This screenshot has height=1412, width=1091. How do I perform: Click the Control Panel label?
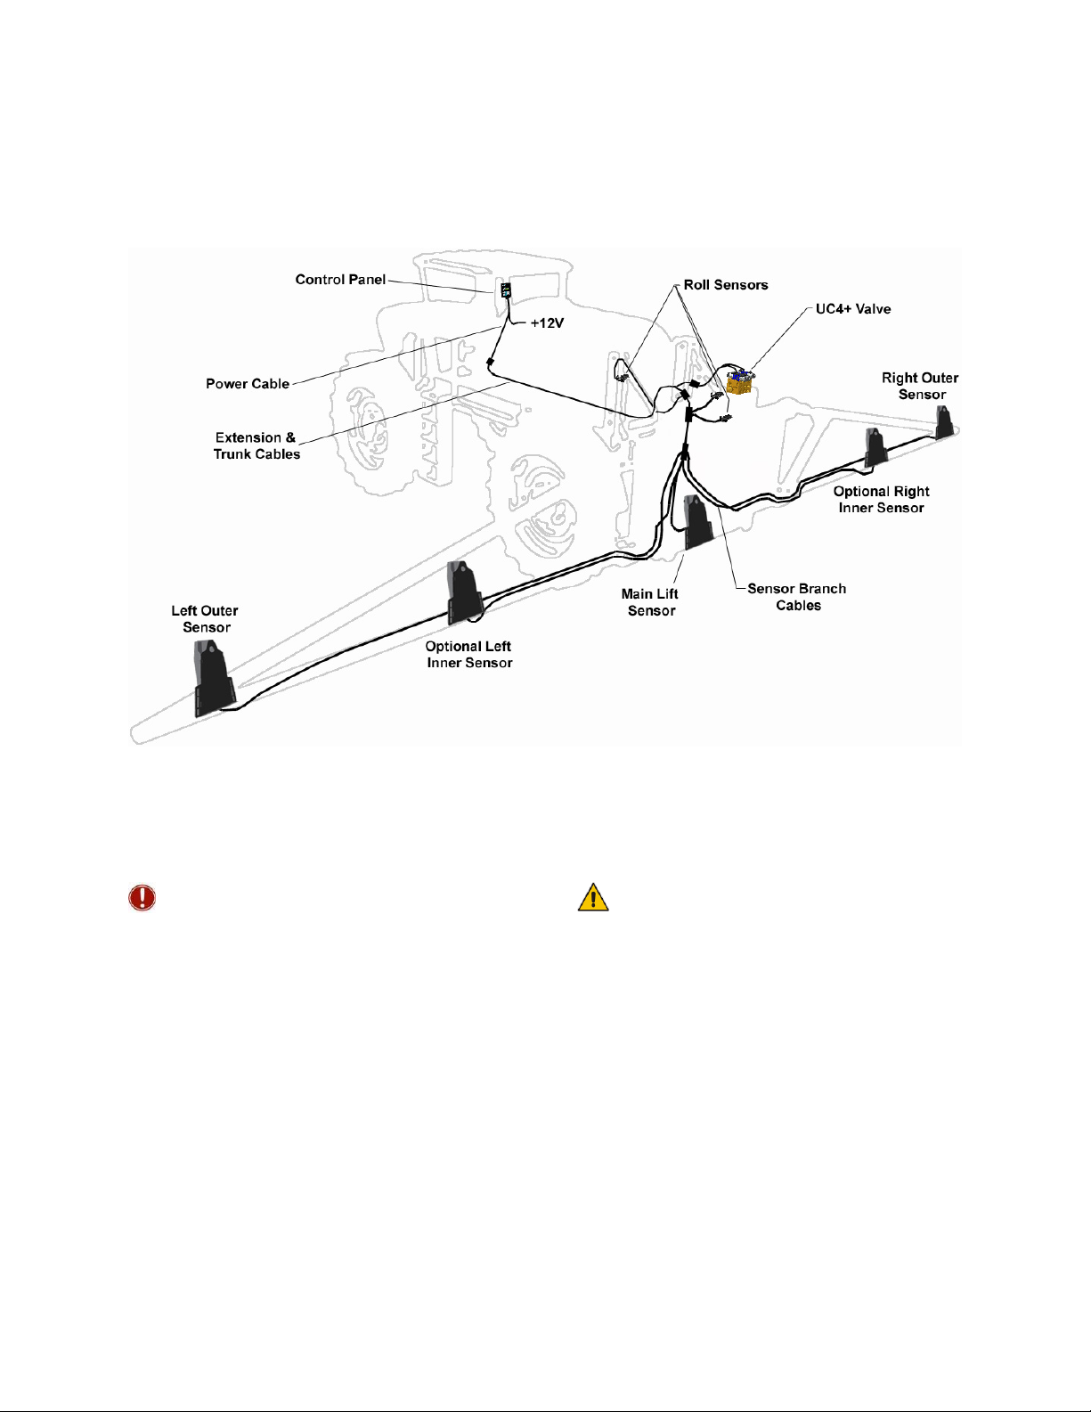point(340,280)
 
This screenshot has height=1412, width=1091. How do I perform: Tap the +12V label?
point(547,323)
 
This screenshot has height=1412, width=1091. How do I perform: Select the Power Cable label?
point(248,383)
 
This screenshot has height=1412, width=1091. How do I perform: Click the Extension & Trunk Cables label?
point(256,445)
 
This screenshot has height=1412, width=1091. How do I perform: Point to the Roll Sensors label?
point(725,284)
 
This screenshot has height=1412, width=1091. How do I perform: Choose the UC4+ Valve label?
point(852,308)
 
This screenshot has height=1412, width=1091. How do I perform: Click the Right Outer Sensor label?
point(919,386)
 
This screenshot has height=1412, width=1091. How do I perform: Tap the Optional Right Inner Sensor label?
point(881,499)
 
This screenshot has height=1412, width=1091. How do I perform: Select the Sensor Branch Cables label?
point(797,597)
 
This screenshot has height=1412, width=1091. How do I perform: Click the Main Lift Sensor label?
point(650,601)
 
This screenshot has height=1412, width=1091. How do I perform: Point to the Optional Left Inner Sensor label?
point(468,655)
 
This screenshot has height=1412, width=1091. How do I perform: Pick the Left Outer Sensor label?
point(205,618)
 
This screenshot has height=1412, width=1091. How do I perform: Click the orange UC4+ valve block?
point(739,383)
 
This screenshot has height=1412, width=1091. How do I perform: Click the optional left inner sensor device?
point(464,592)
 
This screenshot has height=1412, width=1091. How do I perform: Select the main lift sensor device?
point(698,522)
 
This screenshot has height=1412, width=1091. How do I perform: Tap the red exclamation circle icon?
point(142,897)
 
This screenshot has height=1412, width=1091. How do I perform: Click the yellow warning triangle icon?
point(593,898)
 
